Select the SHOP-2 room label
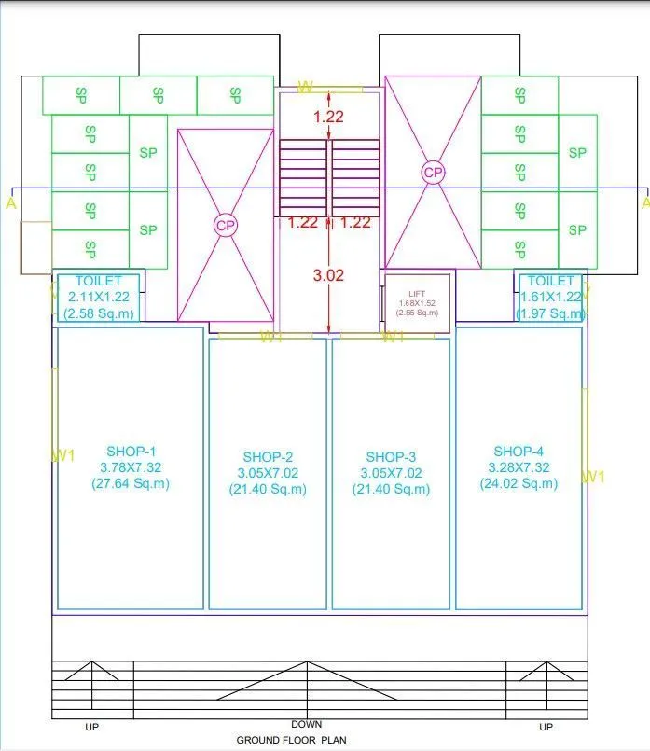[268, 457]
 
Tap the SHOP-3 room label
[391, 457]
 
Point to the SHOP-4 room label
[519, 451]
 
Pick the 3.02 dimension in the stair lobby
[328, 275]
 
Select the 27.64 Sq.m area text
[131, 483]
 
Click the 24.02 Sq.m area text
[519, 483]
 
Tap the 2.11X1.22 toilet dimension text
[99, 296]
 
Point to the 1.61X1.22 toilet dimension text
[550, 296]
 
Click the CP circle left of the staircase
[226, 225]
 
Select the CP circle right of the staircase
[433, 173]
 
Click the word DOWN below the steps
[307, 724]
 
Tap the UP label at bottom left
[91, 727]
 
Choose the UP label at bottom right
[546, 727]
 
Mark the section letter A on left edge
[10, 202]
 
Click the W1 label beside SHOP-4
[594, 477]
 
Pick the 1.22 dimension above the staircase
[328, 118]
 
